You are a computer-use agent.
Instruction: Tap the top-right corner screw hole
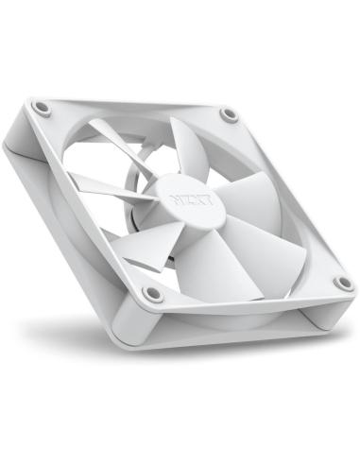[x=229, y=115]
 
